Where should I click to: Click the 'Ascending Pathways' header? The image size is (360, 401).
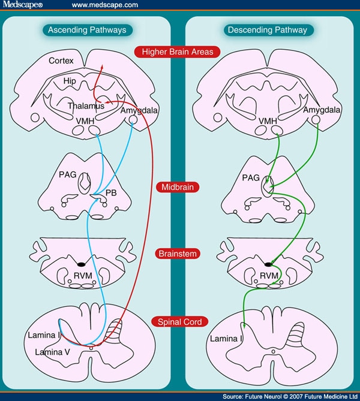point(88,29)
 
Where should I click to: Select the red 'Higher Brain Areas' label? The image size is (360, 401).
point(178,52)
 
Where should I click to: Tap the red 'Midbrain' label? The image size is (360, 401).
point(177,188)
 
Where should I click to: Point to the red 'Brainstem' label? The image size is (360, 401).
point(177,254)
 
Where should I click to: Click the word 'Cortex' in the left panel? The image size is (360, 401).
point(61,61)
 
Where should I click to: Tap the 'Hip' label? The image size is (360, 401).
point(70,80)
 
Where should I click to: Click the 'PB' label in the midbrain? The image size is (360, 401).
point(110,193)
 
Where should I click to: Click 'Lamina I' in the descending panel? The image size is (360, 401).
point(226,339)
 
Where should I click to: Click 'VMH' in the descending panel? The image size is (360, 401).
point(268,122)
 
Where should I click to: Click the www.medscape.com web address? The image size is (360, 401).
point(105,5)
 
